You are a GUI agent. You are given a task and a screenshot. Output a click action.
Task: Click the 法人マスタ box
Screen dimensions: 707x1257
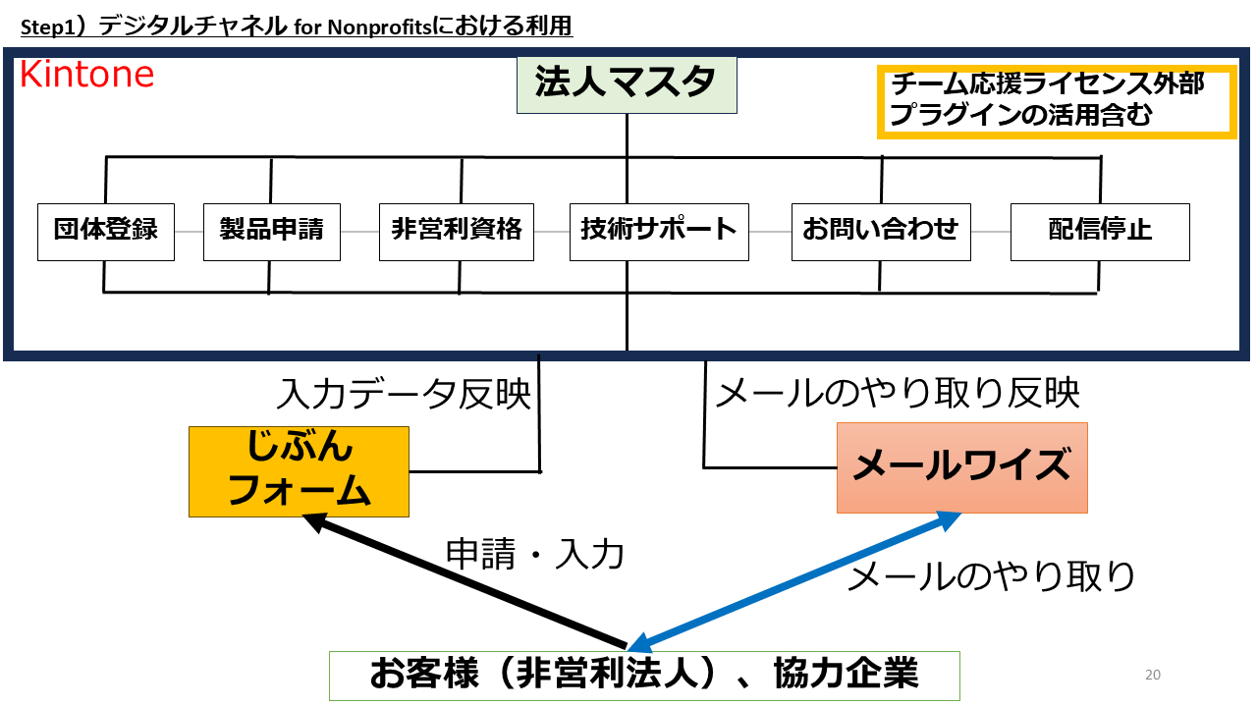click(x=627, y=85)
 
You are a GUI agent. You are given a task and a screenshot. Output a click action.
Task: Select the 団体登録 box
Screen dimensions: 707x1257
click(x=106, y=232)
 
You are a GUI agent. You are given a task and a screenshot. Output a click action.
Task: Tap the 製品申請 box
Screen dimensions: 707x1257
click(x=271, y=232)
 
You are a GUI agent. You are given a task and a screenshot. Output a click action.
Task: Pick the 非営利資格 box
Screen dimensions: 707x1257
click(x=457, y=232)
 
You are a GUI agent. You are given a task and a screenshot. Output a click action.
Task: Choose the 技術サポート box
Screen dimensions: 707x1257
click(x=658, y=232)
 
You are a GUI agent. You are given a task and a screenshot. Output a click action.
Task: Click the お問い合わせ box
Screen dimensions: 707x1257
click(x=880, y=232)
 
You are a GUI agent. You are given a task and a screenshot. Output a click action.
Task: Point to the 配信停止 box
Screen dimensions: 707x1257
click(x=1100, y=232)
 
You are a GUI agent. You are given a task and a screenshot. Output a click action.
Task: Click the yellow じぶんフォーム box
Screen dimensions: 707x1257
click(x=299, y=471)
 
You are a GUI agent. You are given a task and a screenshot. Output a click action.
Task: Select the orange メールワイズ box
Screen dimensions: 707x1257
click(x=961, y=467)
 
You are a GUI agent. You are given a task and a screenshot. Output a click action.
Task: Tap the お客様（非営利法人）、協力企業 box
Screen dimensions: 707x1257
click(x=644, y=676)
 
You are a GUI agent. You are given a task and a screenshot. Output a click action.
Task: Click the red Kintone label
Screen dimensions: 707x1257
click(x=86, y=76)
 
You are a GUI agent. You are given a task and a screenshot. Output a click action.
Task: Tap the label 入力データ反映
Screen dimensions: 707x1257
click(x=404, y=395)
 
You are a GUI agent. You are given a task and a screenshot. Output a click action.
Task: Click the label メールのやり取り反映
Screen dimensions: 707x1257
click(x=898, y=395)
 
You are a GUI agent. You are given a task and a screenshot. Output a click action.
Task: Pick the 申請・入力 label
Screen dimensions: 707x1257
click(x=535, y=555)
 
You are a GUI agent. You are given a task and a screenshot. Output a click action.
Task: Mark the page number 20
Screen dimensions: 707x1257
click(x=1153, y=675)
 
